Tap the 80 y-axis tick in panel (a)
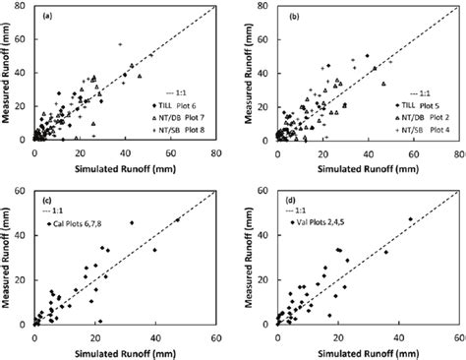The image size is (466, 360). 24,7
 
